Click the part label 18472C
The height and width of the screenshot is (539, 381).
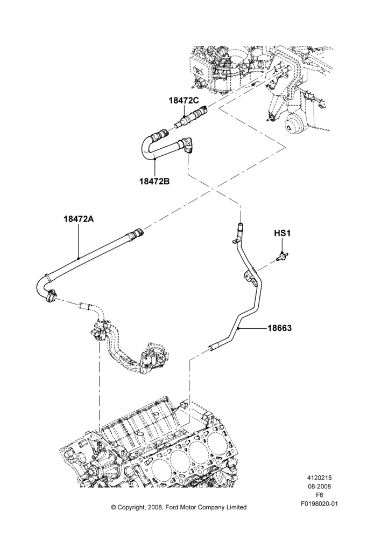184,101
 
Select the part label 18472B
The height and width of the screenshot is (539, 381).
154,181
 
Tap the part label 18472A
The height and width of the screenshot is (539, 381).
79,218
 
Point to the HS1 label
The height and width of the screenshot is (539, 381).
282,233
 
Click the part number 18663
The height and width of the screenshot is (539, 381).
280,328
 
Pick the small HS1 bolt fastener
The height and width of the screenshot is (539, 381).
282,256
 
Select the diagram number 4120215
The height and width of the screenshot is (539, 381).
319,478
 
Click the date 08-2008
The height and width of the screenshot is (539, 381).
319,486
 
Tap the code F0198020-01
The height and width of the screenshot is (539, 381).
319,504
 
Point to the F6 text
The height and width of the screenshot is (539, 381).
319,495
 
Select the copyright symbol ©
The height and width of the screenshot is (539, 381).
113,507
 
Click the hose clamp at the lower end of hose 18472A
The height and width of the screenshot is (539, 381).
51,295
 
